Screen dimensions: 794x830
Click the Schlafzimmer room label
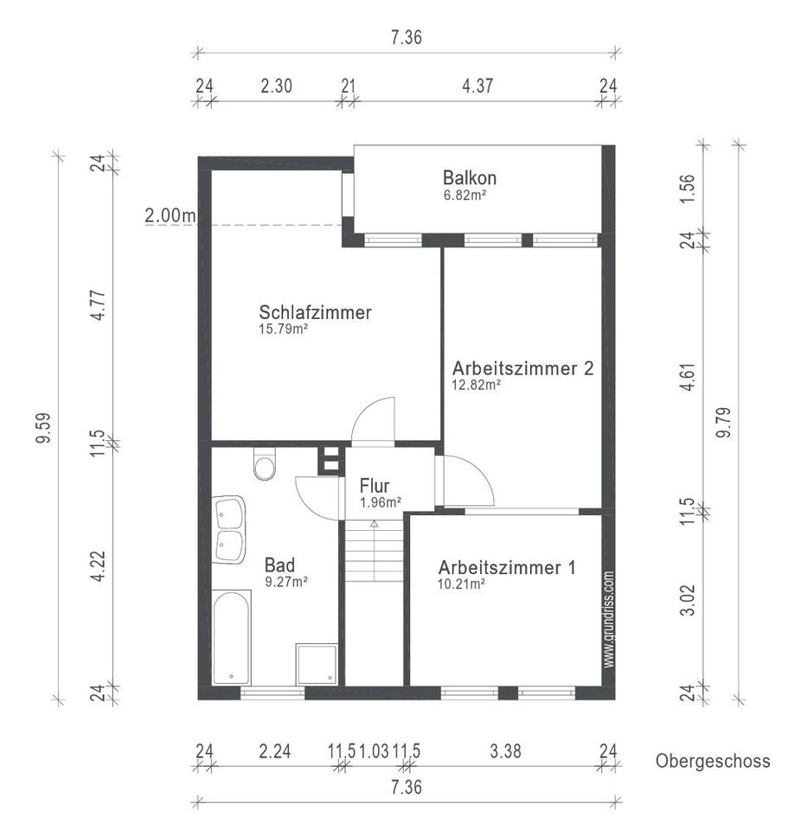point(315,312)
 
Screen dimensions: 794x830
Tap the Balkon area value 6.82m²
point(464,195)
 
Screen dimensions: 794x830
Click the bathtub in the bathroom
point(231,638)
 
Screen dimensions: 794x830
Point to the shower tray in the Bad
point(317,664)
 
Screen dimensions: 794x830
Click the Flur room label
point(375,485)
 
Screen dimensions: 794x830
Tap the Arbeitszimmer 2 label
point(522,368)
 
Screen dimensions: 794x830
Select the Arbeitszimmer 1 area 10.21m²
point(461,584)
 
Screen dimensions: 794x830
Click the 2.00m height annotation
point(170,215)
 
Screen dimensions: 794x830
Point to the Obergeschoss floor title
point(713,761)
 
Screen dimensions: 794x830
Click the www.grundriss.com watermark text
point(609,619)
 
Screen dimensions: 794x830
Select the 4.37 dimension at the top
point(477,86)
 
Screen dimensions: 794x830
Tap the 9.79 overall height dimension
point(723,422)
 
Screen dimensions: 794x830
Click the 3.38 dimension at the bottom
point(505,750)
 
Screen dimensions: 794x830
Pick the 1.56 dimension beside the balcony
point(687,188)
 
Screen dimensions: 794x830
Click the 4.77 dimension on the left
point(98,305)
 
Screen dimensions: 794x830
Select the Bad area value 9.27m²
point(286,582)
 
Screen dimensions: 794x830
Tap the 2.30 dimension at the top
point(276,86)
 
